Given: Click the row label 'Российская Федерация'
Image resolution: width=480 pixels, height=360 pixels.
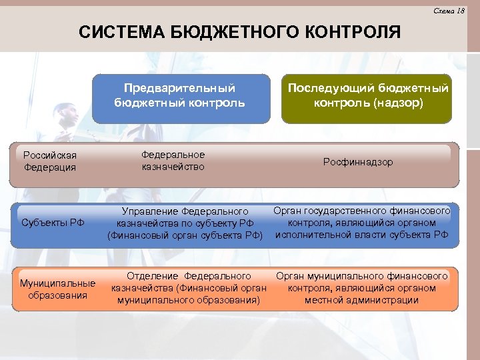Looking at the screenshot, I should (x=50, y=161).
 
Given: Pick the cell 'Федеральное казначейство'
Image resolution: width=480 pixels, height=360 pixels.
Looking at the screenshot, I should (x=173, y=161).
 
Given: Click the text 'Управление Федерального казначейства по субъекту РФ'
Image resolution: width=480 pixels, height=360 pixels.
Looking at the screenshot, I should (x=185, y=217).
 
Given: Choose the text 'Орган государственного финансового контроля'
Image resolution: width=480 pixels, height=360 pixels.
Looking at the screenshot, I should (x=362, y=217).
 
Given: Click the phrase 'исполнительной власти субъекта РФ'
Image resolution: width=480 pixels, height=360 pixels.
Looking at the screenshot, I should (x=362, y=234).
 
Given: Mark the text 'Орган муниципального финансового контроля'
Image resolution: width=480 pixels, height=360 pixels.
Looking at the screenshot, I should (x=362, y=281).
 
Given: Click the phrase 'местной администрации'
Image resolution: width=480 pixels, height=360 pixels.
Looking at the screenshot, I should (x=362, y=300).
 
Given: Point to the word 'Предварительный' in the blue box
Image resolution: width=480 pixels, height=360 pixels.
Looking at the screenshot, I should (x=179, y=87).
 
